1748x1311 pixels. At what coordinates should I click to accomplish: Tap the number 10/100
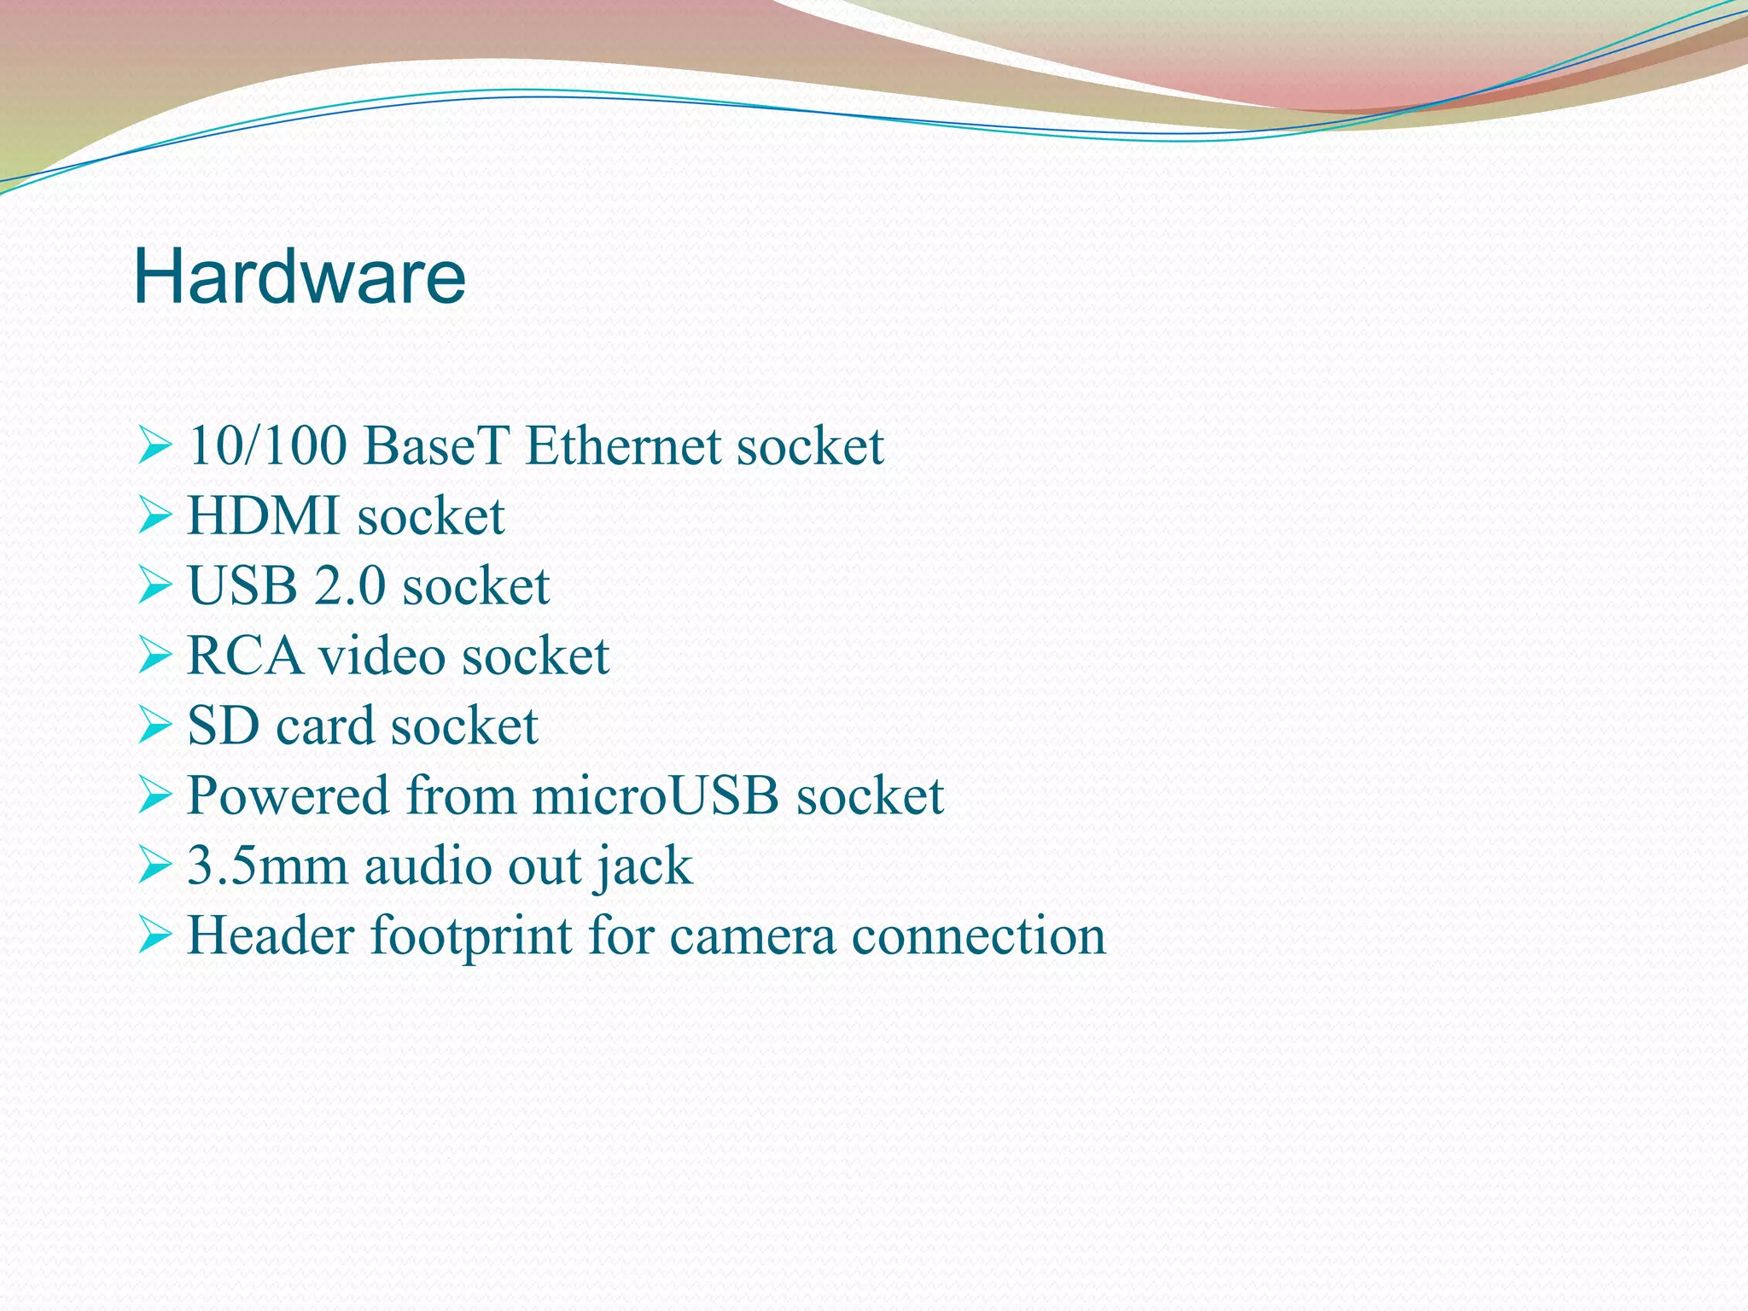[x=267, y=446]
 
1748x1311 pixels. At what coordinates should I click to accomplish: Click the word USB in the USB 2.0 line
[x=242, y=586]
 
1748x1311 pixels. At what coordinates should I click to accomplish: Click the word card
[x=326, y=726]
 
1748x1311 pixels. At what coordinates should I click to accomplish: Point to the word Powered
[x=288, y=796]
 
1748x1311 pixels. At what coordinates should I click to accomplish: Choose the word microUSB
[x=655, y=796]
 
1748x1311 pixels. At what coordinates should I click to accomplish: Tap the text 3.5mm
[x=268, y=866]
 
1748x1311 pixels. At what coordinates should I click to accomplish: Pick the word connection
[x=979, y=936]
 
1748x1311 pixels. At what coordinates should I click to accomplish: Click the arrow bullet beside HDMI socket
[x=154, y=516]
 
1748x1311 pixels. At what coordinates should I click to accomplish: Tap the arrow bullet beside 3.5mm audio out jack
[x=154, y=866]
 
